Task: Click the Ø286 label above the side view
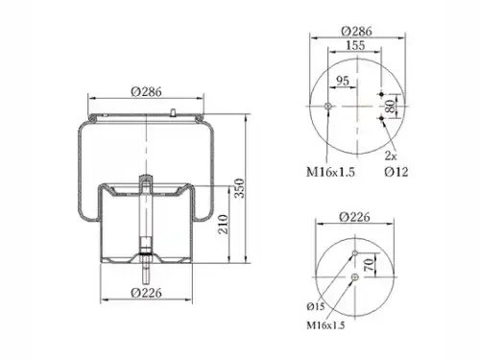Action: (146, 92)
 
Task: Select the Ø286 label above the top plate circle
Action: (356, 31)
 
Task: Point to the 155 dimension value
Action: (355, 45)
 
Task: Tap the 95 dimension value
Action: (343, 81)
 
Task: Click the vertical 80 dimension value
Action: (390, 106)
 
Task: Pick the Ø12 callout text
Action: (396, 172)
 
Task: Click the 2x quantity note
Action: (391, 156)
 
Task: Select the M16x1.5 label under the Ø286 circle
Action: (330, 172)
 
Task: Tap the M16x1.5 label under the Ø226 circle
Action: (325, 325)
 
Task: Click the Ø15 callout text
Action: (316, 306)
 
